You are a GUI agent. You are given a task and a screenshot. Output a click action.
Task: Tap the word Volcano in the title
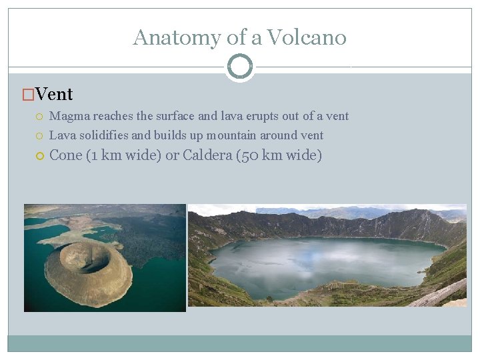(x=307, y=37)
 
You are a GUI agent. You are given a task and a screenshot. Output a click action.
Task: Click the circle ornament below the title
(x=240, y=66)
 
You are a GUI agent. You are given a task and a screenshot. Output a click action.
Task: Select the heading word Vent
(x=54, y=95)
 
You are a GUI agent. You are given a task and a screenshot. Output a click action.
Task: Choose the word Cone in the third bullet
(x=66, y=156)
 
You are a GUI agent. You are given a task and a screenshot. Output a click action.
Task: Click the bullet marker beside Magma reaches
(x=40, y=117)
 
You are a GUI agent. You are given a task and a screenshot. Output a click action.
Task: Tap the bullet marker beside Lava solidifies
(x=40, y=136)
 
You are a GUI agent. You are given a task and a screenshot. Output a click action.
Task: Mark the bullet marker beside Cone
(x=40, y=157)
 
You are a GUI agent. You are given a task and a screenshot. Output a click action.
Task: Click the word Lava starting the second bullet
(x=62, y=135)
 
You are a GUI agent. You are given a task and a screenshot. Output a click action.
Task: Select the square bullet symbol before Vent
(x=28, y=95)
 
